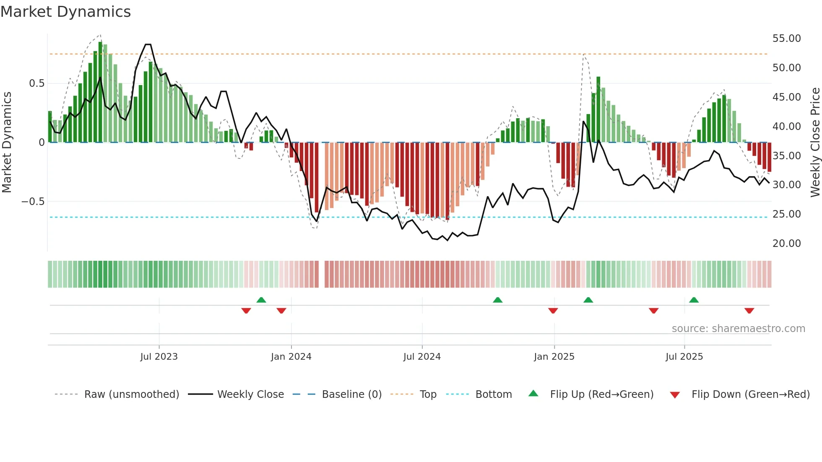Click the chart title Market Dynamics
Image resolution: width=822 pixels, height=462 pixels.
click(65, 12)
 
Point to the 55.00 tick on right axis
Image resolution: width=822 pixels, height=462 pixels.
click(786, 39)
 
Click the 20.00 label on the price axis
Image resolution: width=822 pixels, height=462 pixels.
click(786, 244)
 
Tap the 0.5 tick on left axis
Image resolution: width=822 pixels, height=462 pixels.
click(36, 83)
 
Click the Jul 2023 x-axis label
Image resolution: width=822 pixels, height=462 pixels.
click(159, 357)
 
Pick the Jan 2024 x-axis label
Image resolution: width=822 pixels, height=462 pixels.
click(291, 357)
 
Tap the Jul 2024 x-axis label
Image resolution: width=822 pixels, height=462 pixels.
click(422, 357)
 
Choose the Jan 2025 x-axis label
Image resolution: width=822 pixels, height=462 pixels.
click(554, 357)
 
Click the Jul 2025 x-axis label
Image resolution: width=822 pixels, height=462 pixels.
click(684, 357)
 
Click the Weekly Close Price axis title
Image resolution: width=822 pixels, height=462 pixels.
click(815, 143)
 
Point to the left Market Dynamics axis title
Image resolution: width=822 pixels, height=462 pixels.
click(7, 143)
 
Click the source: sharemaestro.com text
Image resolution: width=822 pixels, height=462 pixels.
click(738, 329)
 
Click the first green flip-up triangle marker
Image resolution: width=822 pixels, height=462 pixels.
click(261, 300)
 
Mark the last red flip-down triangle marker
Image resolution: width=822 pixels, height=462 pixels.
click(749, 311)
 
